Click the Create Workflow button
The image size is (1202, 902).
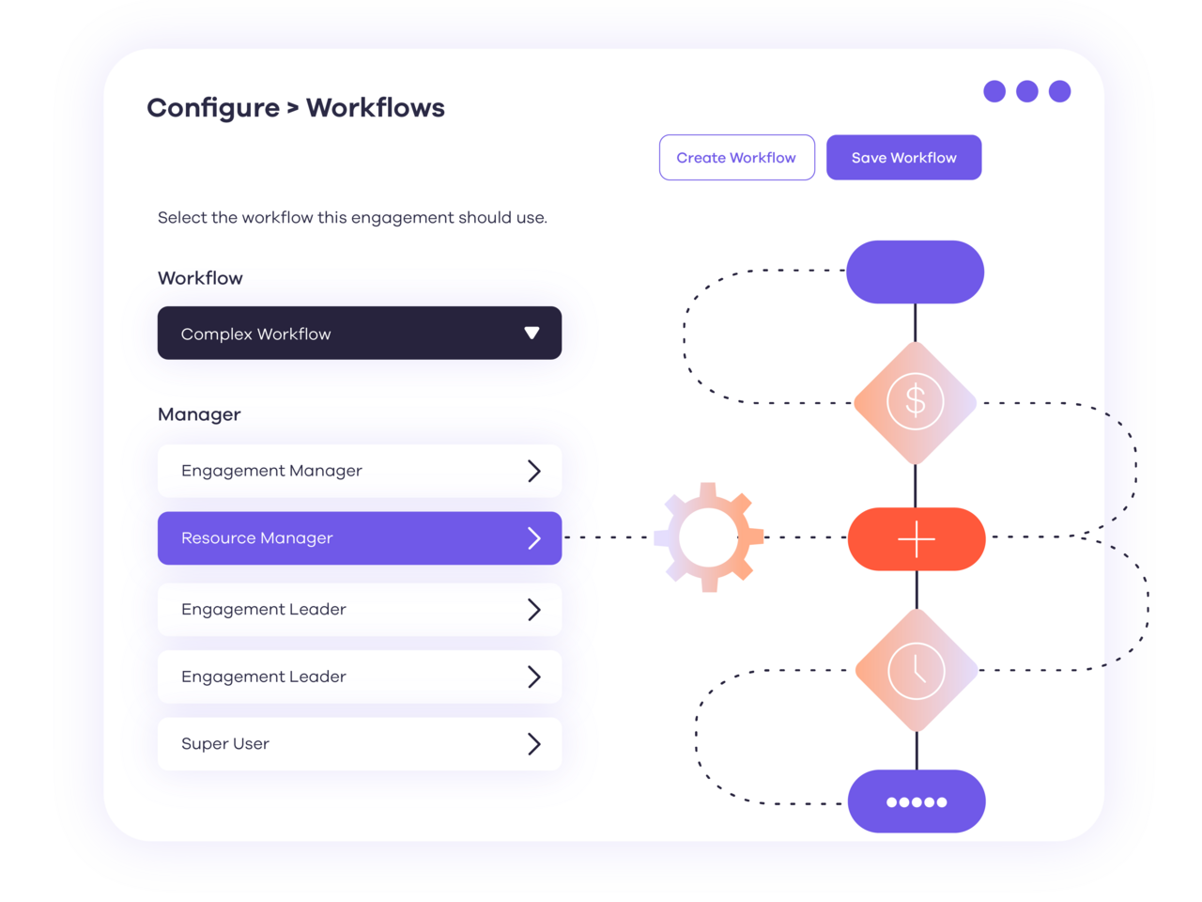pyautogui.click(x=736, y=158)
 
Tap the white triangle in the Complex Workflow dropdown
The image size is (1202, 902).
pyautogui.click(x=532, y=334)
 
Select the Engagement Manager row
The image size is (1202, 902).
pyautogui.click(x=359, y=471)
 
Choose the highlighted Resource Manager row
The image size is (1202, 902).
pyautogui.click(x=359, y=538)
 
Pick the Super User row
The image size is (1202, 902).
pyautogui.click(x=359, y=744)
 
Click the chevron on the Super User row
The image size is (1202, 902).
pyautogui.click(x=533, y=744)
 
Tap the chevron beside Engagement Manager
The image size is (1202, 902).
pyautogui.click(x=533, y=471)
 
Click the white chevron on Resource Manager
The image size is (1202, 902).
pyautogui.click(x=533, y=538)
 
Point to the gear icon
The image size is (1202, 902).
pyautogui.click(x=709, y=537)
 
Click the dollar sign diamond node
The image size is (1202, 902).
pyautogui.click(x=916, y=402)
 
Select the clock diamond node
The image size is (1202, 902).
pyautogui.click(x=917, y=670)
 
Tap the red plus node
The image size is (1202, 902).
pyautogui.click(x=917, y=539)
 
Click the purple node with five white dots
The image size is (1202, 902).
pyautogui.click(x=917, y=801)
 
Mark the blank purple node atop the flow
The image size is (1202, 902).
pyautogui.click(x=915, y=272)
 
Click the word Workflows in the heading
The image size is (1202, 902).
pyautogui.click(x=376, y=108)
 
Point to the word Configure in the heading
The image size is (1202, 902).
pyautogui.click(x=213, y=109)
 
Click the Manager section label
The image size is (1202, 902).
pyautogui.click(x=199, y=414)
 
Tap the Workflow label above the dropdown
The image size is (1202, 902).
pyautogui.click(x=200, y=278)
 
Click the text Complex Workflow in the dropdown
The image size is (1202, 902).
pyautogui.click(x=255, y=334)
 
